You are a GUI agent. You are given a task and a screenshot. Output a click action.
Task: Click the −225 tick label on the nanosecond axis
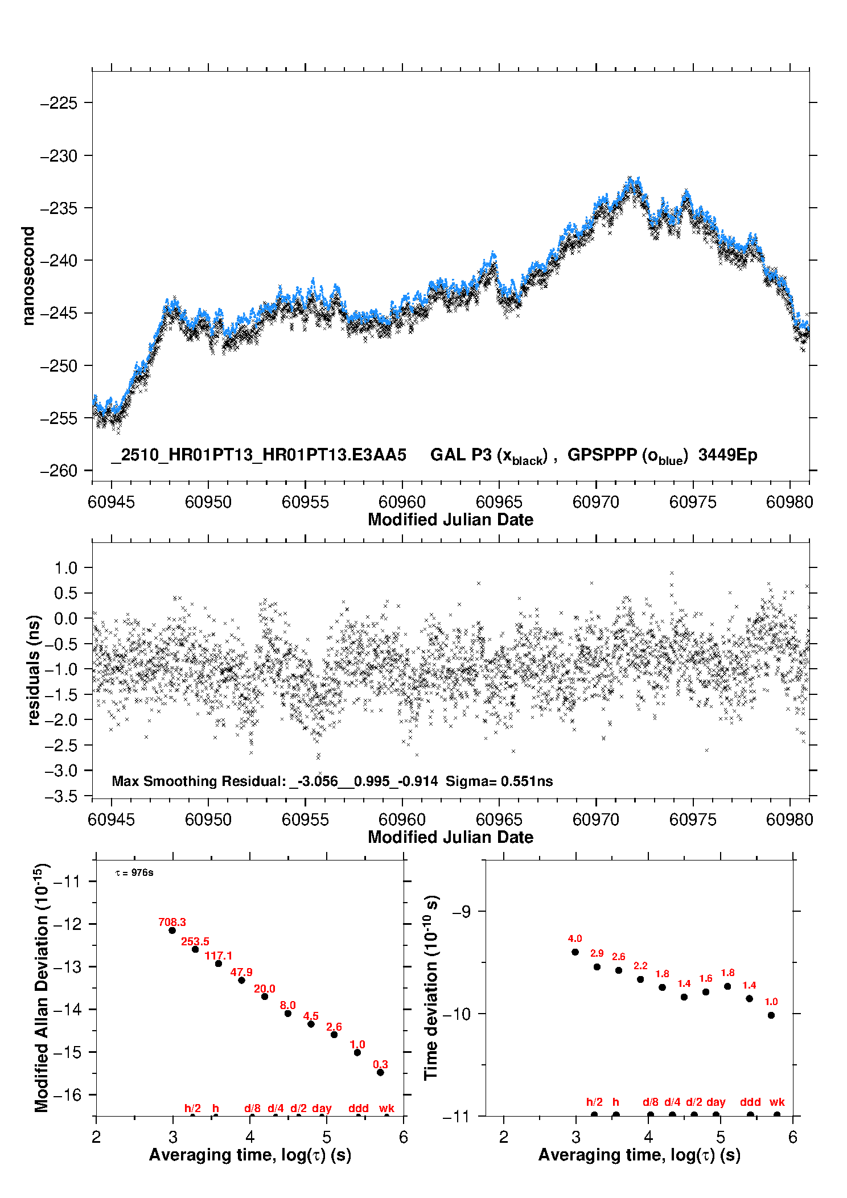(x=59, y=103)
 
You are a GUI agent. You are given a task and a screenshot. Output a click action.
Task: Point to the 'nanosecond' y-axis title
(x=28, y=276)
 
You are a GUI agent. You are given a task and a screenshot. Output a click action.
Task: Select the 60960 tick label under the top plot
(x=402, y=502)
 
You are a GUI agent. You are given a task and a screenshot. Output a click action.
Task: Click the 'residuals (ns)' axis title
(x=34, y=670)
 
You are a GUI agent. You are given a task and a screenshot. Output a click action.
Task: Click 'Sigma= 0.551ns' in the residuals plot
(x=499, y=781)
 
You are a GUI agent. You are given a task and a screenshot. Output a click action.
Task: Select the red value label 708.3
(x=172, y=922)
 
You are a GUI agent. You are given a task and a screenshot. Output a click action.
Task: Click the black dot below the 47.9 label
(x=241, y=980)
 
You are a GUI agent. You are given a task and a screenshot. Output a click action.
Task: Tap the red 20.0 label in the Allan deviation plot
(x=264, y=989)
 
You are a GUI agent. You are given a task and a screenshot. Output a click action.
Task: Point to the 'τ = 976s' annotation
(x=134, y=872)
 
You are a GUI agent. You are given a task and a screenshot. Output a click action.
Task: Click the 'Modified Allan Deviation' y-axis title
(x=42, y=987)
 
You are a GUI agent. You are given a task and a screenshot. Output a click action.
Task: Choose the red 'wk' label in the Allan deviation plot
(x=387, y=1108)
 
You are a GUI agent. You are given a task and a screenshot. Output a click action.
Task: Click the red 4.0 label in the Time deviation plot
(x=575, y=938)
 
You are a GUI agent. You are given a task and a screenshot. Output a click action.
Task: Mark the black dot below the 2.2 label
(x=640, y=979)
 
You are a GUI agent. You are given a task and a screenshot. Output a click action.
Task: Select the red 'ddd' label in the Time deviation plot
(x=750, y=1102)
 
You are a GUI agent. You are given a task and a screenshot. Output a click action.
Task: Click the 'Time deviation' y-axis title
(x=431, y=987)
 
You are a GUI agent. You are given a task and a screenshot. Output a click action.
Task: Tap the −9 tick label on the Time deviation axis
(x=460, y=911)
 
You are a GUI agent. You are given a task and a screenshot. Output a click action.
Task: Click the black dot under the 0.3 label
(x=380, y=1072)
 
